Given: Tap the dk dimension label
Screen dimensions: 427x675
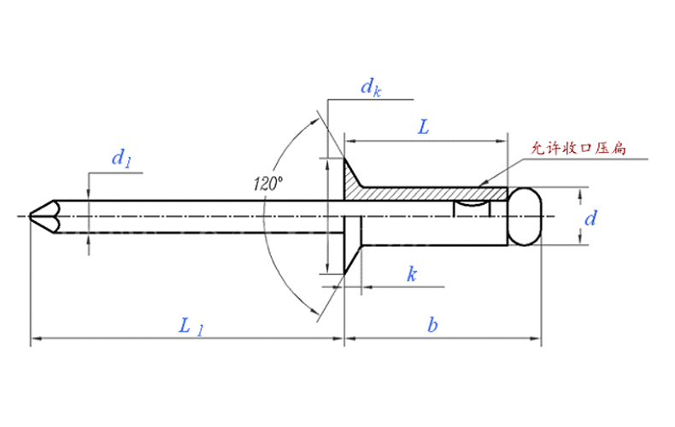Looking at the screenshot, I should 369,86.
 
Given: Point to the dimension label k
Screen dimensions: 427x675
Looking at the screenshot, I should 411,274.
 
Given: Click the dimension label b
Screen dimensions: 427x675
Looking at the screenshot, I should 433,325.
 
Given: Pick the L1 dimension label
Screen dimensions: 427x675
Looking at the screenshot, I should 190,326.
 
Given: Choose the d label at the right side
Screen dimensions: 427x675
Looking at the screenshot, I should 590,219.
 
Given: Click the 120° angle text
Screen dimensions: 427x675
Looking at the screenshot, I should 268,183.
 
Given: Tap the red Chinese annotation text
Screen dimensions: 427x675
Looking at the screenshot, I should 579,149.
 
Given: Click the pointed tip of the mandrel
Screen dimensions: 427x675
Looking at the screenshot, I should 32,216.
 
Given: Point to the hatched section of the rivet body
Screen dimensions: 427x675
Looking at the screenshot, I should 427,195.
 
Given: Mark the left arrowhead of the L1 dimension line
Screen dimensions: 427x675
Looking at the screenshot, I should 34,340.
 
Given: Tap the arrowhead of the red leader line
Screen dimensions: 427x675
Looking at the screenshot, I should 480,184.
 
